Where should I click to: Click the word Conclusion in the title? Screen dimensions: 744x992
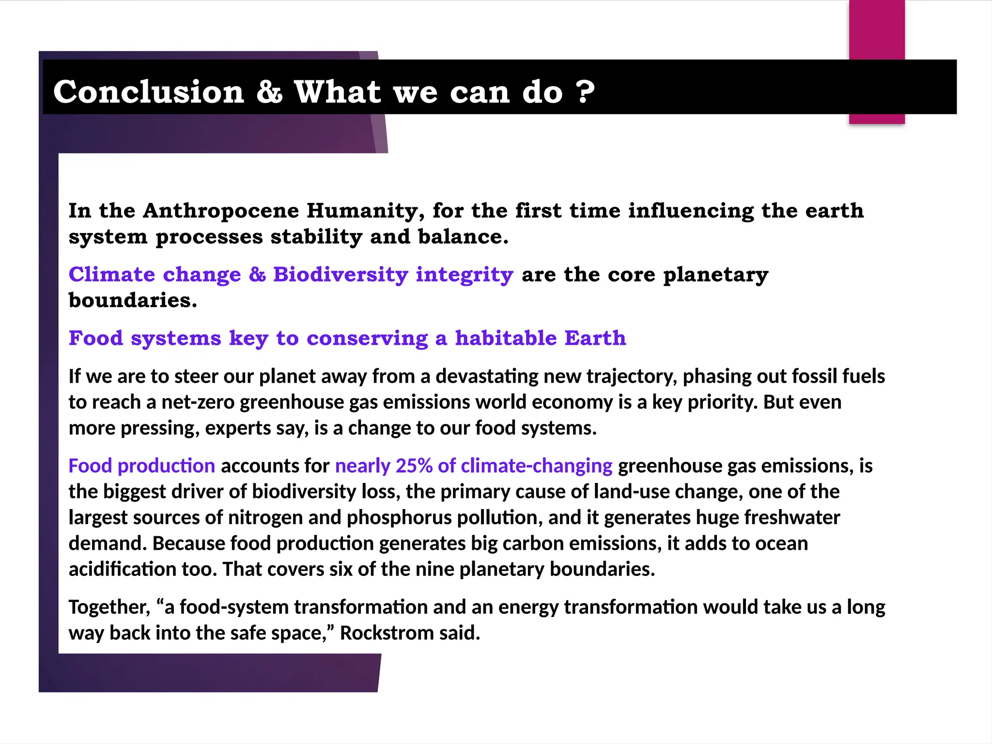coord(149,92)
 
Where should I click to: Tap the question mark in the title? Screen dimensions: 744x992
coord(586,92)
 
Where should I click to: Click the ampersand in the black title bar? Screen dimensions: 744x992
coord(269,92)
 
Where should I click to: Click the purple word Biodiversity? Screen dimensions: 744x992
coord(341,275)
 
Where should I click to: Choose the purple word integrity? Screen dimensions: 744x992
coord(464,275)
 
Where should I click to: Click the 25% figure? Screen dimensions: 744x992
coord(414,466)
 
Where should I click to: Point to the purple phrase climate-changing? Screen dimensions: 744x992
coord(536,466)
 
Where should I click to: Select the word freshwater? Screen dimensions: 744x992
coord(792,518)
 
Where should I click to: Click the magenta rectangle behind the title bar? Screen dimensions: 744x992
coord(877,29)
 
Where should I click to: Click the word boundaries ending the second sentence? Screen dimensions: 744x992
coord(132,301)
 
